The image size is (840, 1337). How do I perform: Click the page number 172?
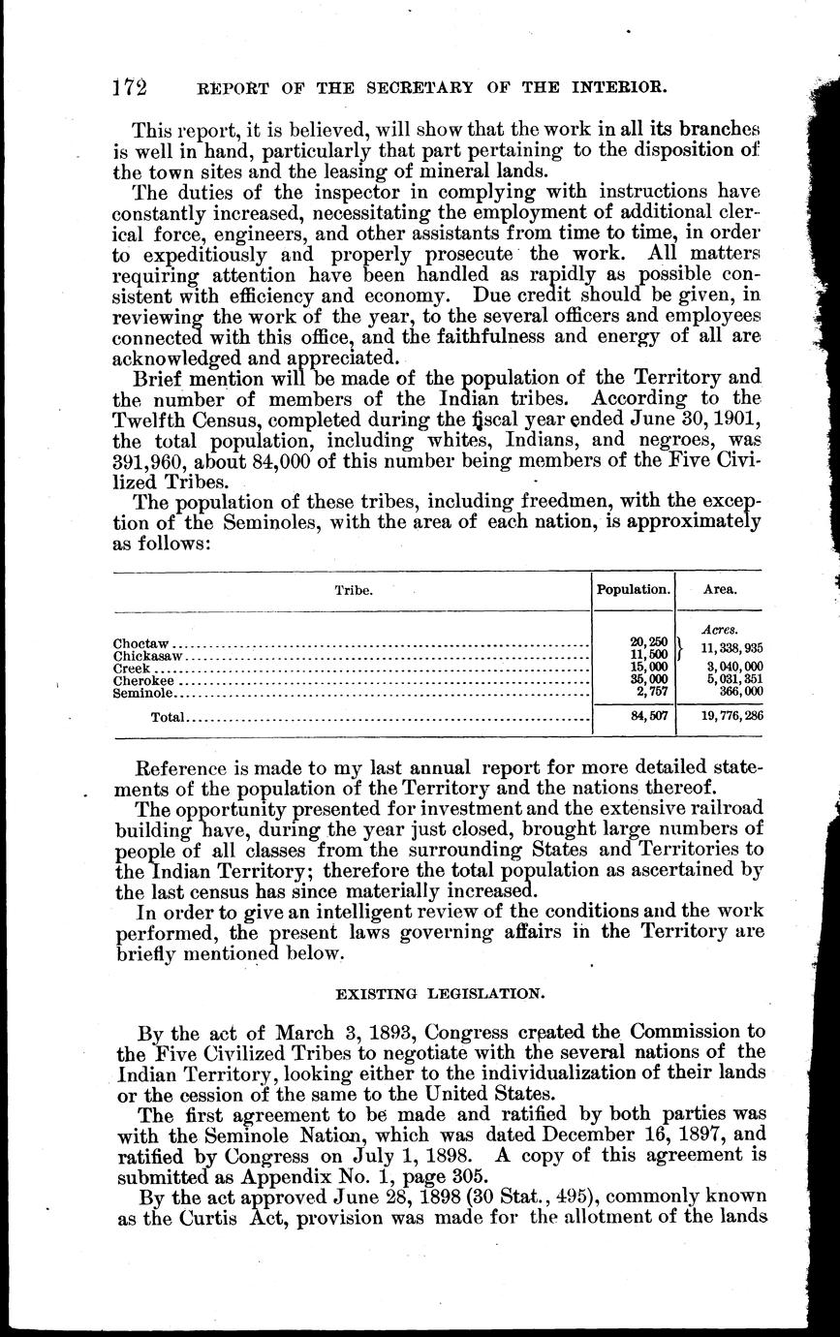tap(128, 88)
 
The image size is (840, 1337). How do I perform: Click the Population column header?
tap(633, 589)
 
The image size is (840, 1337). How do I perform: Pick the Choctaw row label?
tap(141, 643)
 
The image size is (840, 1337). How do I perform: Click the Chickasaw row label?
tap(148, 656)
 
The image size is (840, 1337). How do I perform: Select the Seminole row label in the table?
tap(143, 694)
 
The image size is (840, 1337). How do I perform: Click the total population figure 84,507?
tap(649, 719)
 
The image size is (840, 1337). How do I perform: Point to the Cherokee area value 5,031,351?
tap(727, 681)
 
